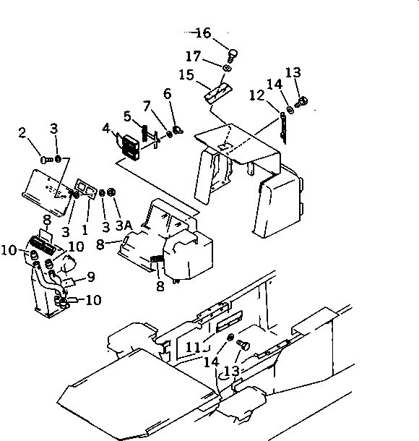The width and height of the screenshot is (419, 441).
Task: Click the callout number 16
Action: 203,33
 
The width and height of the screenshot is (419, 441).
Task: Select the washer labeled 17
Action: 228,69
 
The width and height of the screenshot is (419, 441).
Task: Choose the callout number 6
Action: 167,94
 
